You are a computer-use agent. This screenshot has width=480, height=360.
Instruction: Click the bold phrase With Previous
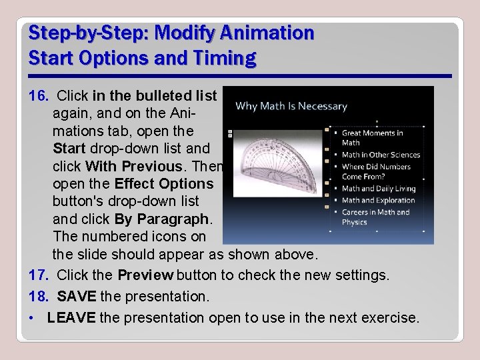coord(144,165)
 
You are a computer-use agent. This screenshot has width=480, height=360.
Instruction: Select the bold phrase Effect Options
coord(165,183)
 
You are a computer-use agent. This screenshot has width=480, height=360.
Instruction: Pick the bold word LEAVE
coord(71,317)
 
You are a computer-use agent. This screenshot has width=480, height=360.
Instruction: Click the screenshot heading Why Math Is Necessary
coord(292,106)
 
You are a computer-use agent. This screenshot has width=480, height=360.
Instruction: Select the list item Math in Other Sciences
coord(381,155)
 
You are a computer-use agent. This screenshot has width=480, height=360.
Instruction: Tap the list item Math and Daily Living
coord(378,189)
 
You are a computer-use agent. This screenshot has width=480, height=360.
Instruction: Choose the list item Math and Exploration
coord(378,200)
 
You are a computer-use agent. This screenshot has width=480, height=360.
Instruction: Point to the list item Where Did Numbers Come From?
coord(376,172)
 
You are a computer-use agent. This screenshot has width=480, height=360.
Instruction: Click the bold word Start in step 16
coord(69,148)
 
